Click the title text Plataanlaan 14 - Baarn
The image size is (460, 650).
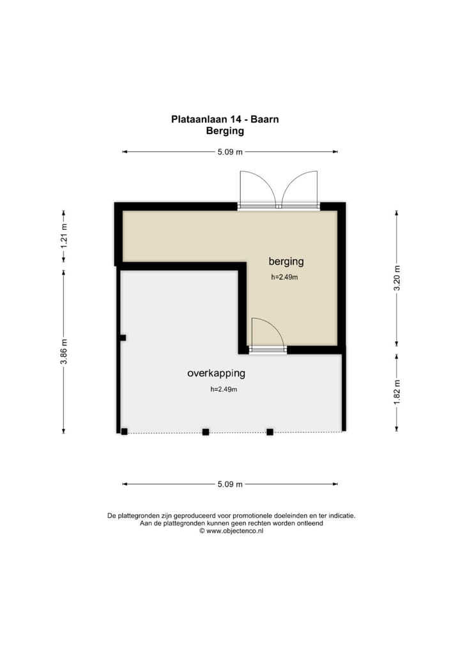(224, 119)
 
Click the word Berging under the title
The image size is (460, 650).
(225, 131)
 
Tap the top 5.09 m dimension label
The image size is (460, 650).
(230, 152)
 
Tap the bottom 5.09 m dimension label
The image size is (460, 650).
(230, 485)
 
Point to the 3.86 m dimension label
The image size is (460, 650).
(64, 352)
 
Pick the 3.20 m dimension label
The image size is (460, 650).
(397, 278)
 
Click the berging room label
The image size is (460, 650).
(286, 261)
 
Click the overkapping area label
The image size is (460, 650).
(216, 374)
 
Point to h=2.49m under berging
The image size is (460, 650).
(285, 277)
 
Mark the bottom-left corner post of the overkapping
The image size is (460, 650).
(125, 432)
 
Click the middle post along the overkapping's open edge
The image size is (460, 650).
(206, 432)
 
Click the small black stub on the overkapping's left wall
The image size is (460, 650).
(123, 338)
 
